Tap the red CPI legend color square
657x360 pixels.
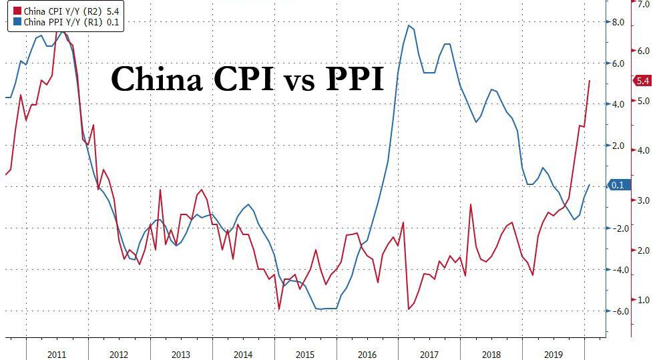pyautogui.click(x=8, y=11)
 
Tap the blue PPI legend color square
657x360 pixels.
pyautogui.click(x=8, y=21)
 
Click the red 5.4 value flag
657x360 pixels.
pyautogui.click(x=642, y=81)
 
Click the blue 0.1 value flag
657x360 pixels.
pyautogui.click(x=616, y=185)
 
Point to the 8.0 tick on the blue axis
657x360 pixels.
pyautogui.click(x=618, y=22)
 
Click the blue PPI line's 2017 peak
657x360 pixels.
pyautogui.click(x=408, y=25)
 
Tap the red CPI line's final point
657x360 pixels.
pyautogui.click(x=590, y=80)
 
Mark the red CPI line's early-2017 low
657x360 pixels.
pyautogui.click(x=409, y=309)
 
